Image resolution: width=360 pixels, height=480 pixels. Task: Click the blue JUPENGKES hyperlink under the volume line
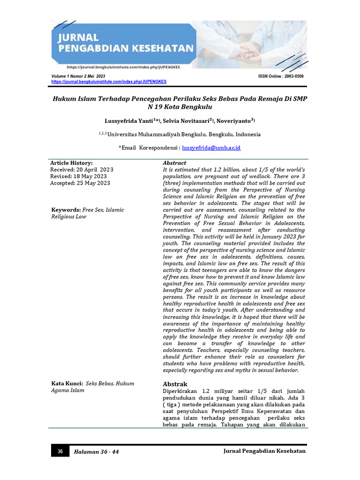tap(109, 82)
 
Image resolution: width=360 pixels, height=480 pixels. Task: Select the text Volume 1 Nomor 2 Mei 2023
tap(78, 76)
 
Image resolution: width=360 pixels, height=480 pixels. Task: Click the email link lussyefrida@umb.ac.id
tap(211, 148)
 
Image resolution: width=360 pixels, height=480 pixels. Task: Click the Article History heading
tap(71, 163)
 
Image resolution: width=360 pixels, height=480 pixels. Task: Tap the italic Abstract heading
tap(174, 163)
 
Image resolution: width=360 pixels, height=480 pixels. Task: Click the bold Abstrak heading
tap(175, 384)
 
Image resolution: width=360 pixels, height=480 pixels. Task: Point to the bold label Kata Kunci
tap(67, 383)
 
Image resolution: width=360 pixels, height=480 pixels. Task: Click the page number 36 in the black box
tap(60, 451)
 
